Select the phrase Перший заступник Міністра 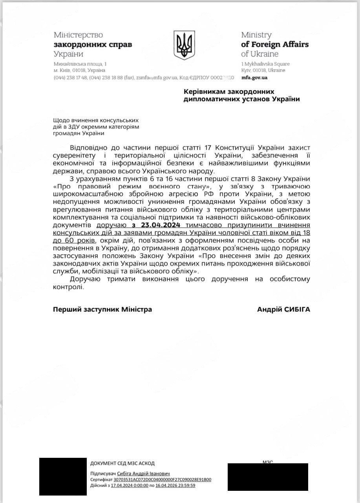102,310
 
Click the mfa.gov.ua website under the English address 254,77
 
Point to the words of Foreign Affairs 274,44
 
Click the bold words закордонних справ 93,44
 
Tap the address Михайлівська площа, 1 80,64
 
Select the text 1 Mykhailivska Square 265,64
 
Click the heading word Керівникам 208,91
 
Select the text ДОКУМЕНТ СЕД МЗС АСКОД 122,463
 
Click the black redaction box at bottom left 63,476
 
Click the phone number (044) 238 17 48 70,77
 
